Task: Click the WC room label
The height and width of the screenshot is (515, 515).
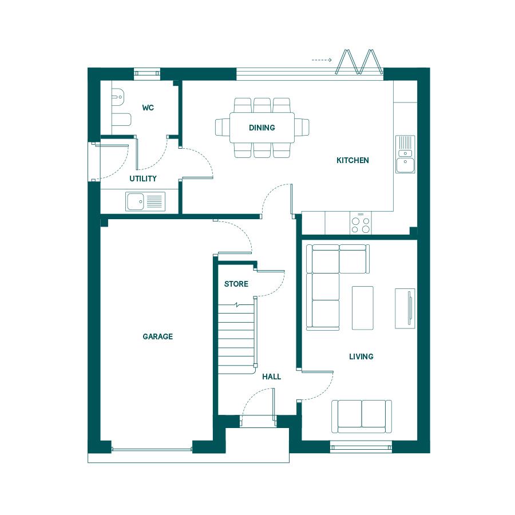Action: click(x=148, y=108)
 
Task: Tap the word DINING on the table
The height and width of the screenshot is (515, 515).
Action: click(x=262, y=128)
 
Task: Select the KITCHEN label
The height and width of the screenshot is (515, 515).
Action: click(x=352, y=160)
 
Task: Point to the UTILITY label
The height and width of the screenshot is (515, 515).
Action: click(x=143, y=179)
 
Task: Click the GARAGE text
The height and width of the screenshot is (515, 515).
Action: click(x=158, y=336)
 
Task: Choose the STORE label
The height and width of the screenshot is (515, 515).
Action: click(x=236, y=284)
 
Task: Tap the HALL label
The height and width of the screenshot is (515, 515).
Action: click(x=272, y=377)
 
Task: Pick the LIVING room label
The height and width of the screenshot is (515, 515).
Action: click(x=361, y=356)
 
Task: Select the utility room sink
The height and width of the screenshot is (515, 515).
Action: click(x=145, y=201)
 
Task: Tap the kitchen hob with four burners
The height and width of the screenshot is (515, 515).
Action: click(x=360, y=223)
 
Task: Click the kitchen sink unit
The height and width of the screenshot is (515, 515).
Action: click(x=405, y=154)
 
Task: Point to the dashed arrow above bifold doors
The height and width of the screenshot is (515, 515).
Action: click(x=322, y=60)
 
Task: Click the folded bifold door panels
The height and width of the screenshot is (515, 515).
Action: click(x=359, y=61)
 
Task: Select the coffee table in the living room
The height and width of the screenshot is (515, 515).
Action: click(x=363, y=308)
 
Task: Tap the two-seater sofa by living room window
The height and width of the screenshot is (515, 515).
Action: click(x=362, y=416)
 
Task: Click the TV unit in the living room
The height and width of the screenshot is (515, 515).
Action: click(x=405, y=308)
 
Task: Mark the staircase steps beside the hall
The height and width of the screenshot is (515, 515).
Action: click(x=237, y=339)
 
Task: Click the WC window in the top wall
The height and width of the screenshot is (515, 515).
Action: click(x=147, y=73)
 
